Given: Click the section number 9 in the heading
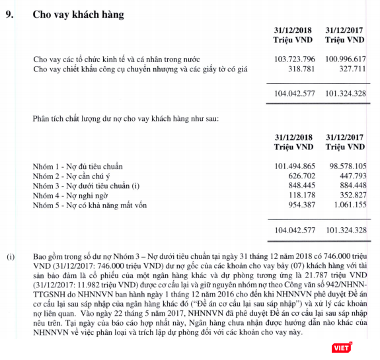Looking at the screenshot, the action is (9, 14).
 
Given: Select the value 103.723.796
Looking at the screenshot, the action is (294, 59).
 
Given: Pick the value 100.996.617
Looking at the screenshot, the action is (346, 59).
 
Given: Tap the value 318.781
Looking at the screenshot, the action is (301, 69).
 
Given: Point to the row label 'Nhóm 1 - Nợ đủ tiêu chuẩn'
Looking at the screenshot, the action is (78, 165).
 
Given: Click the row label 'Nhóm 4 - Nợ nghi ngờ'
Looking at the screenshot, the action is (70, 196).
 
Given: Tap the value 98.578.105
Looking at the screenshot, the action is (348, 165).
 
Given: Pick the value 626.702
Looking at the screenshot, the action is (301, 176).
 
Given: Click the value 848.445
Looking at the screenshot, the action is (301, 186).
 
